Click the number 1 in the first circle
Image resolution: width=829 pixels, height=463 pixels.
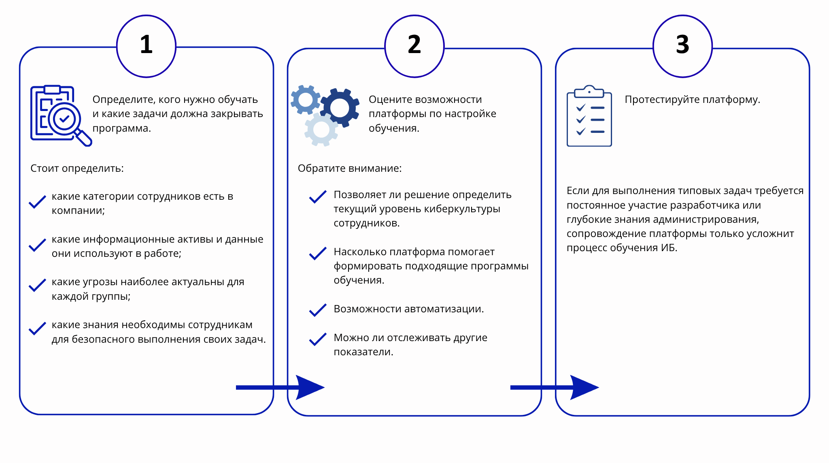146,45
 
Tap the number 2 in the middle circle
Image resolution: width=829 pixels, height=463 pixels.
414,45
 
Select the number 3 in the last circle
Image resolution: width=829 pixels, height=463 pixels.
682,45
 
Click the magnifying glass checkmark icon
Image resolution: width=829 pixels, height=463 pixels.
61,116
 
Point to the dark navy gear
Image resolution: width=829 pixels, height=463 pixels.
340,108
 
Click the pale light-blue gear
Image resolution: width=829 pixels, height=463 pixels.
321,130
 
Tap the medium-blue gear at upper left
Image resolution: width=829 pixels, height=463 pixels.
306,100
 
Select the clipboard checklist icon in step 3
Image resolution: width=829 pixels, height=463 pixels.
589,116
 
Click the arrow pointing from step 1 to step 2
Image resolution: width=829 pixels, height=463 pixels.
280,388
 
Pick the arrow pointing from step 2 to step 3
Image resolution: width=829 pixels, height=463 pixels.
555,388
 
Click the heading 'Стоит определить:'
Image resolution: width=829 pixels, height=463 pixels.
77,168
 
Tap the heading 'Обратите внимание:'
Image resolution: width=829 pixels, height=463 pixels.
350,168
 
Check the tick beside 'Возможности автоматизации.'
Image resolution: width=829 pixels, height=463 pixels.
318,310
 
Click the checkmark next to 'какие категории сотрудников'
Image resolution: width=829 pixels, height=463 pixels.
37,202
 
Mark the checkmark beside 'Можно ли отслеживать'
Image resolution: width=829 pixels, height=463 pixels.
318,339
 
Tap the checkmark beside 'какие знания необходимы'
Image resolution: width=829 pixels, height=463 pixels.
37,329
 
